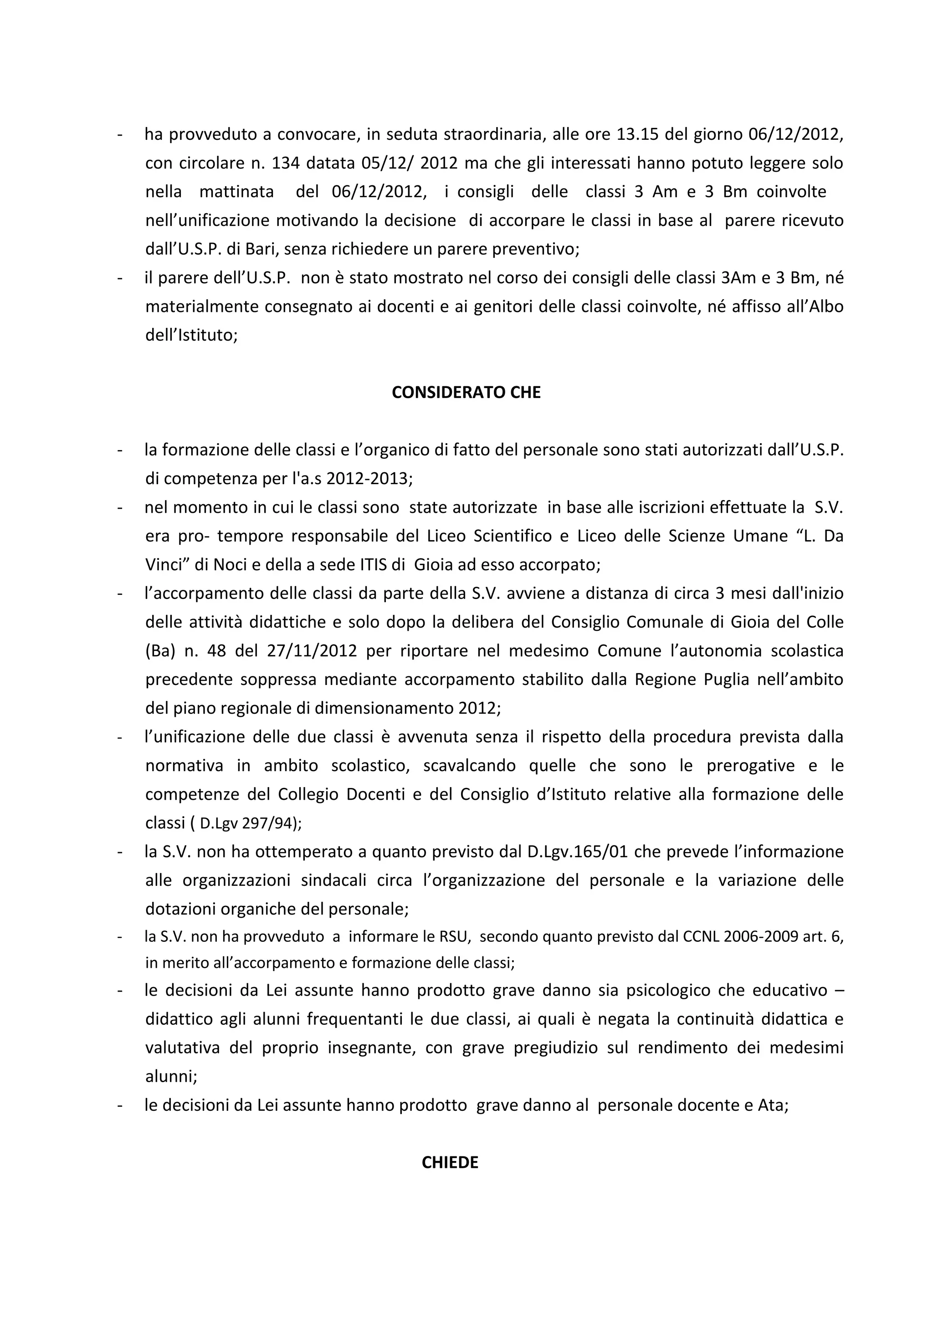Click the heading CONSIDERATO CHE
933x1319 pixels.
[466, 392]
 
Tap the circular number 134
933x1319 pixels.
[286, 163]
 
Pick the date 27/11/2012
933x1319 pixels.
[312, 651]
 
